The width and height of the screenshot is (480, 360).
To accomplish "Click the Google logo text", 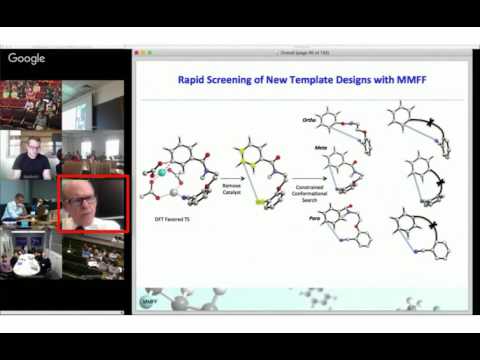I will pos(27,59).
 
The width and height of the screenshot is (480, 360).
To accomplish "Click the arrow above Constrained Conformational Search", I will pos(307,180).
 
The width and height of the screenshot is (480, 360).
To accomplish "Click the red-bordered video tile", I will pos(93,204).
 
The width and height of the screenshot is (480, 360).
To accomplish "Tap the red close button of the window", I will pos(136,52).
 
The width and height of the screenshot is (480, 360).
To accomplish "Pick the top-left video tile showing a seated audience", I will pos(31,105).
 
